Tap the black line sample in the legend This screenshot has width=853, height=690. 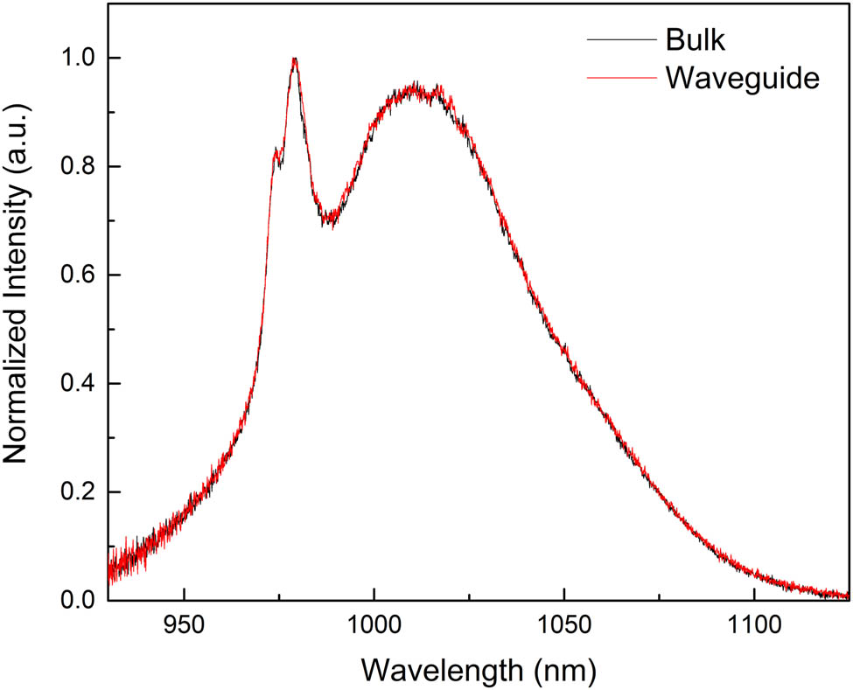621,40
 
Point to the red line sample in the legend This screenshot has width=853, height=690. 621,78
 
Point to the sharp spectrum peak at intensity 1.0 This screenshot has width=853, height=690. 296,59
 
